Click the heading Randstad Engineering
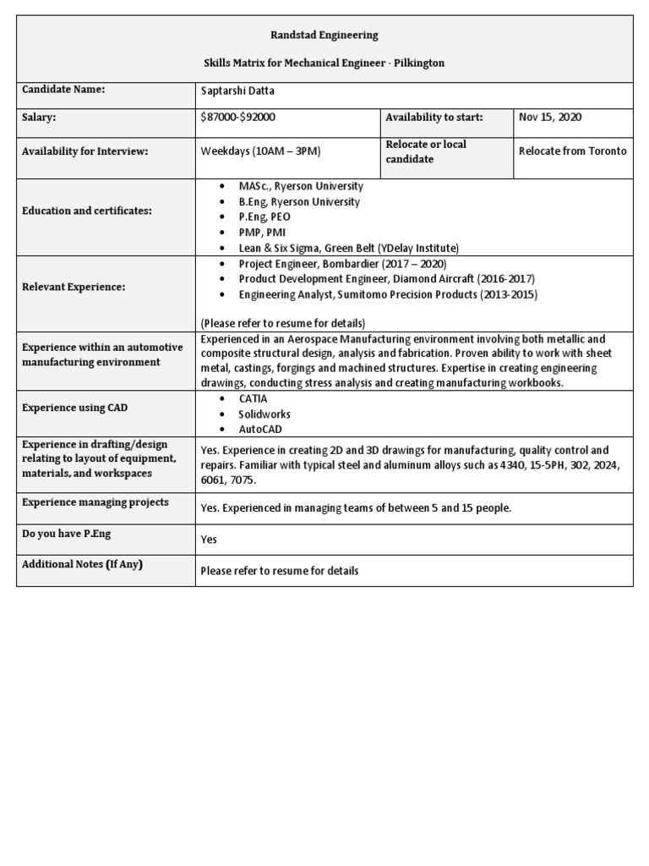[324, 36]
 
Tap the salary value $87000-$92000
[237, 118]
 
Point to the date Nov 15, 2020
[550, 118]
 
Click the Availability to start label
[434, 118]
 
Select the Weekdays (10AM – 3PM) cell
[260, 151]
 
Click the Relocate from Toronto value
[573, 151]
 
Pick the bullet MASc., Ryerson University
[301, 186]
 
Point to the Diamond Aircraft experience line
[386, 279]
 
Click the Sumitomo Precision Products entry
[387, 295]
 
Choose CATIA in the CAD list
[254, 397]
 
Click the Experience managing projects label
[95, 502]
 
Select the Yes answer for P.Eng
[209, 539]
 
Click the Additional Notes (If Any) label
[82, 564]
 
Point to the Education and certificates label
[87, 210]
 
